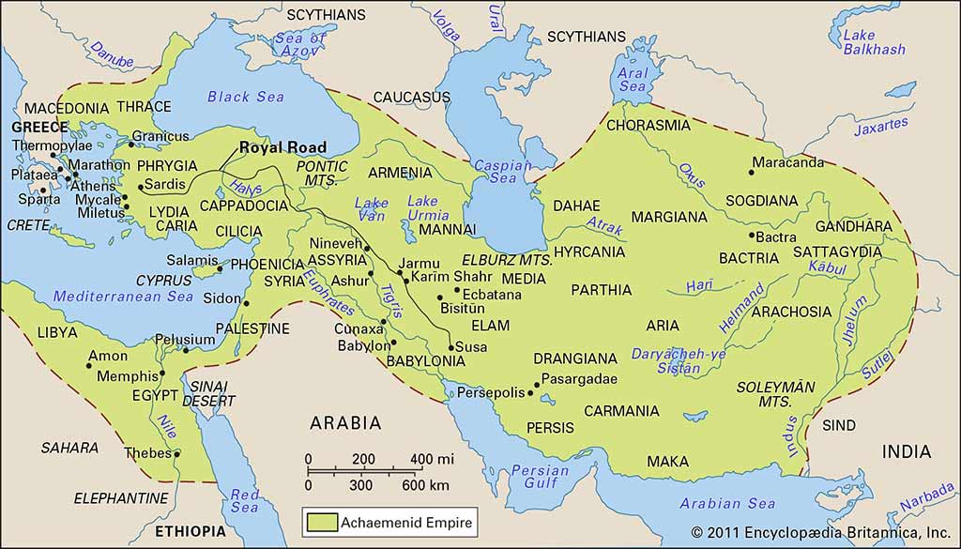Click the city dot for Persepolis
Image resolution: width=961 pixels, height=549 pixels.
pyautogui.click(x=530, y=393)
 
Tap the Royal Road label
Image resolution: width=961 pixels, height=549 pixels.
pyautogui.click(x=282, y=147)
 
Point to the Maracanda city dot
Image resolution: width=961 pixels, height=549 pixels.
pyautogui.click(x=752, y=172)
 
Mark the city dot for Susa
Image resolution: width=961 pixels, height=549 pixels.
pyautogui.click(x=450, y=348)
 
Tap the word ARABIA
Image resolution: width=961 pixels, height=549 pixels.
pyautogui.click(x=346, y=422)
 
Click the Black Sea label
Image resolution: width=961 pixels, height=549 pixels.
pyautogui.click(x=247, y=97)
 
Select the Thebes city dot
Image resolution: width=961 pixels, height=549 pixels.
pyautogui.click(x=176, y=454)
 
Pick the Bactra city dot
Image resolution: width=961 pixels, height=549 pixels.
pyautogui.click(x=751, y=236)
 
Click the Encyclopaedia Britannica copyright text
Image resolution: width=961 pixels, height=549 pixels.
pyautogui.click(x=826, y=531)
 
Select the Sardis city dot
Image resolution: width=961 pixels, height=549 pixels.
pyautogui.click(x=140, y=188)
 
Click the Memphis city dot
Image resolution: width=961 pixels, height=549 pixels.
pyautogui.click(x=162, y=374)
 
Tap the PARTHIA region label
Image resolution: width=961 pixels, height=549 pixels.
pyautogui.click(x=601, y=290)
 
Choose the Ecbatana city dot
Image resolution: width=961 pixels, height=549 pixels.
pyautogui.click(x=457, y=290)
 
